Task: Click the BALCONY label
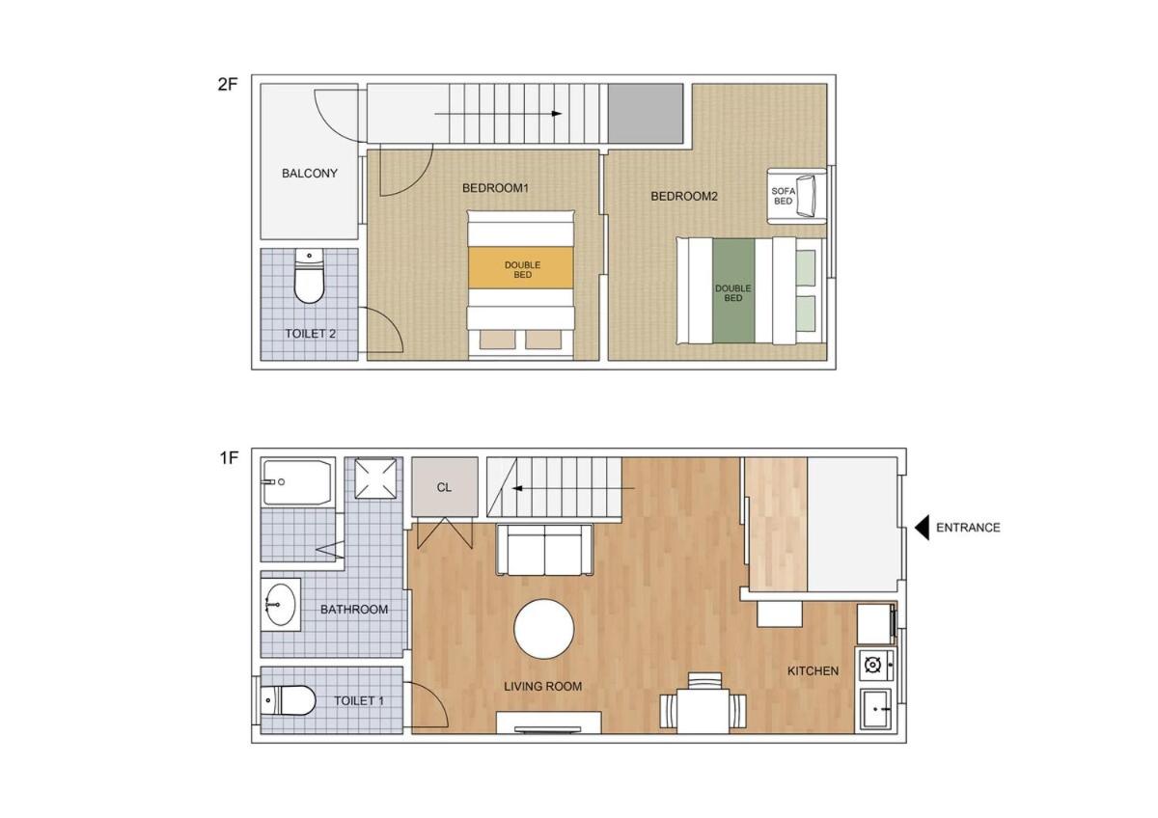click(309, 173)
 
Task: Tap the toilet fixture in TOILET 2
click(309, 276)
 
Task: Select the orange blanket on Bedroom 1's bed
click(521, 267)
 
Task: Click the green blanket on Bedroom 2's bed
click(733, 291)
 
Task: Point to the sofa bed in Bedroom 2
click(797, 196)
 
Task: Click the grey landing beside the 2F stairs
click(646, 114)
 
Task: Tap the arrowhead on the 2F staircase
click(557, 114)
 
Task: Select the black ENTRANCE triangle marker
click(922, 528)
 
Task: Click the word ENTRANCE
click(968, 528)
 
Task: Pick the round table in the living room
click(544, 629)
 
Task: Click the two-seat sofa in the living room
click(544, 550)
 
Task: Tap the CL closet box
click(445, 487)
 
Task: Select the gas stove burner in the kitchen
click(873, 665)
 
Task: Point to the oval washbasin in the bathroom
click(280, 605)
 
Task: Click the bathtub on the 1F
click(297, 482)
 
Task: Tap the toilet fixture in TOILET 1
click(288, 700)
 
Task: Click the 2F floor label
click(228, 84)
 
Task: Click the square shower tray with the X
click(375, 478)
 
